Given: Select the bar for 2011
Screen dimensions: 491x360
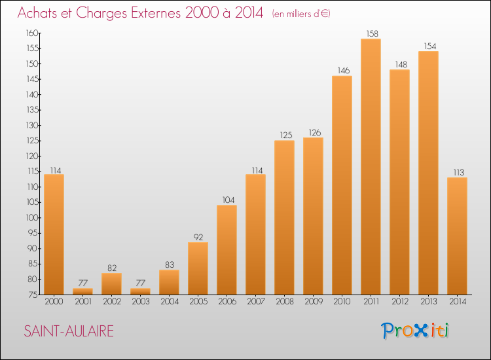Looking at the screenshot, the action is [x=371, y=166].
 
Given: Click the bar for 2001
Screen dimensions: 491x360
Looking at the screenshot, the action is [x=82, y=291].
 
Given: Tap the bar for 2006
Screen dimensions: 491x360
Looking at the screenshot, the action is [x=227, y=250].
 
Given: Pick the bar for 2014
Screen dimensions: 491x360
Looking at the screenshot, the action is [x=457, y=236].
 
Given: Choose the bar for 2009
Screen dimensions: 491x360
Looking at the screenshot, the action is [x=313, y=216].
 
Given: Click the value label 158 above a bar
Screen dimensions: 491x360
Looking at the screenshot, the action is [x=373, y=33].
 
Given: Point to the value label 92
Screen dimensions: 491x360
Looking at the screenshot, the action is [x=198, y=237].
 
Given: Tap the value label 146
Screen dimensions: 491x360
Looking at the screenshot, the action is [x=344, y=71].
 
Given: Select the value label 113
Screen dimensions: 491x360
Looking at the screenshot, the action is [x=459, y=172].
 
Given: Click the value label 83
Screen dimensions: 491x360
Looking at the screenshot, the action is [x=170, y=264].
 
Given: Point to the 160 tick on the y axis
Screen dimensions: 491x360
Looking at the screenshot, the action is [x=32, y=33].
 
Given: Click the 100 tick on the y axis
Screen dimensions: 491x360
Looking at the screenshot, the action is [x=32, y=217].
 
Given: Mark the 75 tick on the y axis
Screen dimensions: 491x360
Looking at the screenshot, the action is [x=33, y=295].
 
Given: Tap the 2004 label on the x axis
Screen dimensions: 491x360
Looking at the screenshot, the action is [x=170, y=301].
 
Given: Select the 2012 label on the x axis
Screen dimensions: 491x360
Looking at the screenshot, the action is [x=400, y=301].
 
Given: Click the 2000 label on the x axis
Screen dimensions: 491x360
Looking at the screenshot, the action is [x=54, y=301].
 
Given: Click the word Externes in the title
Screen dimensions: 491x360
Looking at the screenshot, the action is [x=156, y=12].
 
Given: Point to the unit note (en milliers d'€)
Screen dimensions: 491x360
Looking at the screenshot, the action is [x=301, y=14].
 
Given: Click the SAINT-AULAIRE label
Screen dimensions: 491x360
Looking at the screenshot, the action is [x=69, y=331].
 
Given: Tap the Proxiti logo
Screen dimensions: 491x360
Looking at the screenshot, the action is [x=415, y=331].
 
